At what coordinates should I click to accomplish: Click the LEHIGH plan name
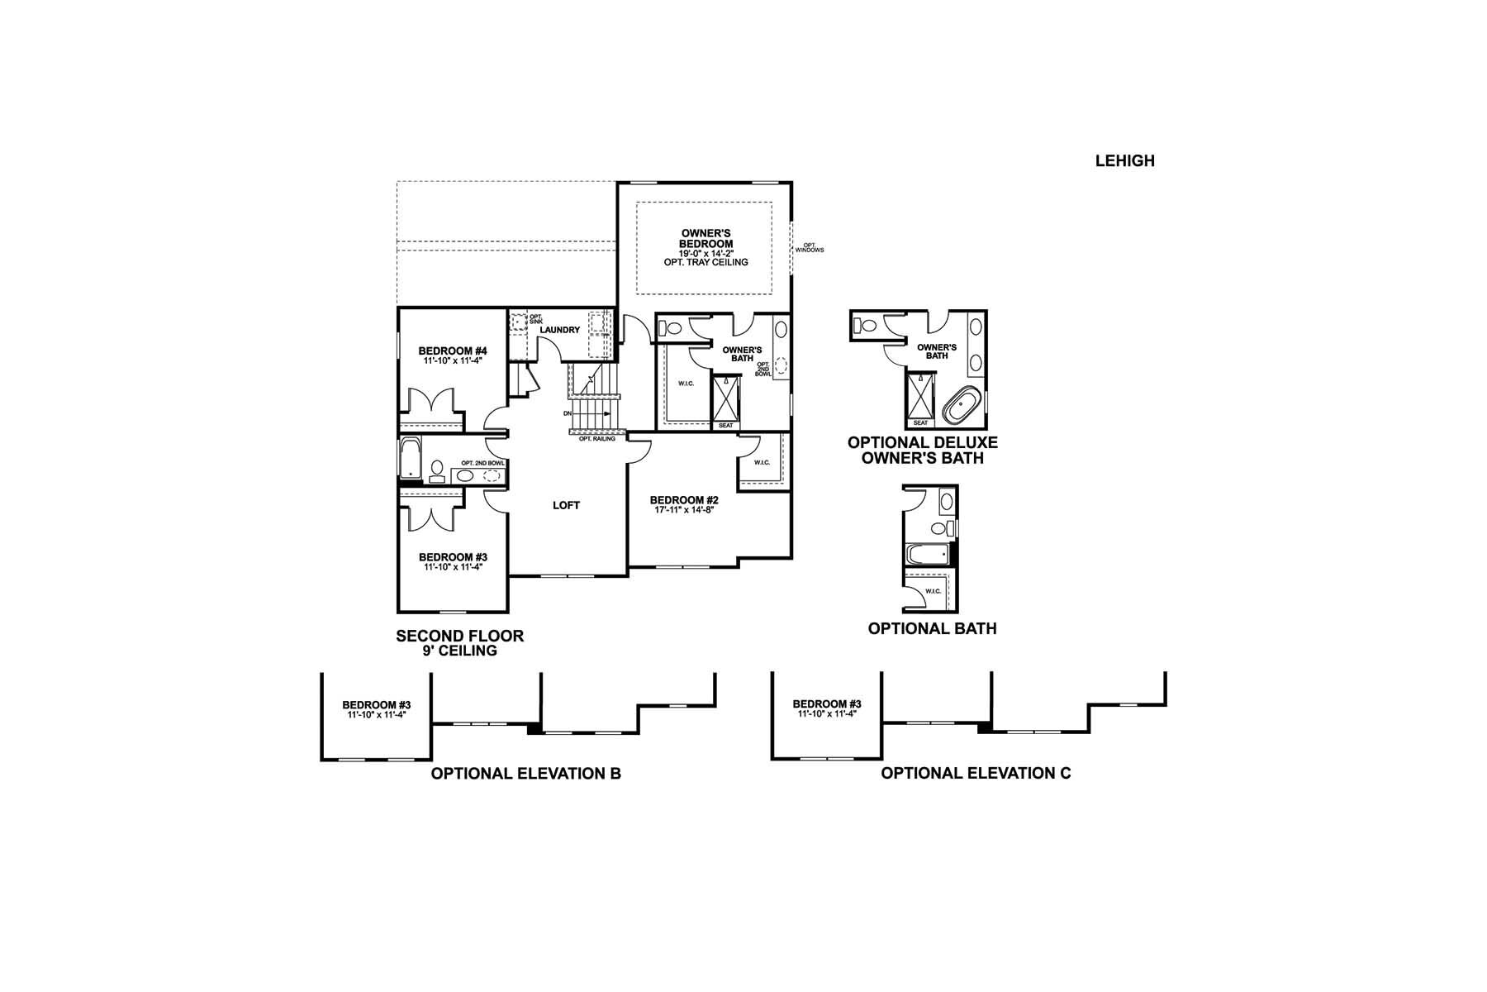[1124, 161]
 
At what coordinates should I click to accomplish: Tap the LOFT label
[566, 505]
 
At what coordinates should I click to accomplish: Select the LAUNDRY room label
[559, 330]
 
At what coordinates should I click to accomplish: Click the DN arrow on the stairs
[591, 413]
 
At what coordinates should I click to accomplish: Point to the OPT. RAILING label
[596, 439]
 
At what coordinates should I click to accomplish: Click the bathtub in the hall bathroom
[411, 459]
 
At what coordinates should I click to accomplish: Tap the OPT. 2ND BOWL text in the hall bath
[482, 463]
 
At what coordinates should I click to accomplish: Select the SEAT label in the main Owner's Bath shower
[725, 425]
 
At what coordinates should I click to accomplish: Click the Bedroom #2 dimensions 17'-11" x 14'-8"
[684, 510]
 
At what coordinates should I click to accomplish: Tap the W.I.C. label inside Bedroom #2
[762, 462]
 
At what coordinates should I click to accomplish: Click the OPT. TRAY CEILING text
[705, 262]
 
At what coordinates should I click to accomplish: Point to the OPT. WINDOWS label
[810, 247]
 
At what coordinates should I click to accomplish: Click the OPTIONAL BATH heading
[932, 628]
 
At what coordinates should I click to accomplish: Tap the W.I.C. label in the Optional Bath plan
[933, 591]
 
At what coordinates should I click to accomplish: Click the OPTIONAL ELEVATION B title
[525, 774]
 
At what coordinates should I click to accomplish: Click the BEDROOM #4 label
[452, 350]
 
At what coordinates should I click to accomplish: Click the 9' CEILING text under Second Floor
[459, 651]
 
